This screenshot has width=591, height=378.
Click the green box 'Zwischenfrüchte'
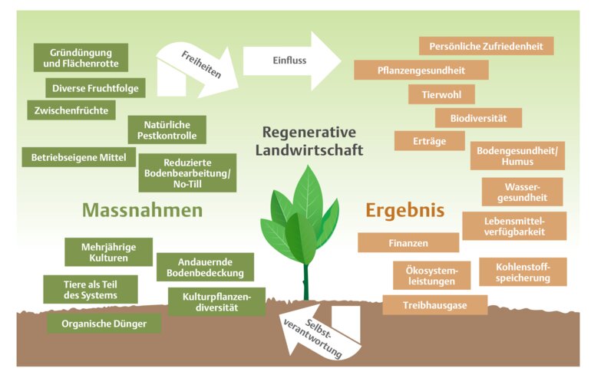click(71, 110)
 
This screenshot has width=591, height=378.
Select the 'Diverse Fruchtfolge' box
click(96, 88)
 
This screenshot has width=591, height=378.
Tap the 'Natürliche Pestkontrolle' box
click(167, 130)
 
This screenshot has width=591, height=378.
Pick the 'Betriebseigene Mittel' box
click(78, 158)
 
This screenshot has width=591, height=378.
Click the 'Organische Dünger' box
click(104, 324)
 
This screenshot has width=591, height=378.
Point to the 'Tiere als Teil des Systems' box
click(91, 290)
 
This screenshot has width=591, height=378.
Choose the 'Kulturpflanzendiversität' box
click(216, 302)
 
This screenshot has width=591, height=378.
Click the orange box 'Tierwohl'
click(441, 95)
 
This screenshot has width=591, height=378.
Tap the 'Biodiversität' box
click(479, 118)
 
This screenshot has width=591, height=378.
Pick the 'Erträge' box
click(429, 142)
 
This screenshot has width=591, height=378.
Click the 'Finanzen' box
click(408, 243)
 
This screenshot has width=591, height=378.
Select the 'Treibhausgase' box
click(434, 305)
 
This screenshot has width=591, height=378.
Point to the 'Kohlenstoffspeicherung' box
click(523, 272)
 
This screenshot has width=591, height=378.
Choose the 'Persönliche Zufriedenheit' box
click(486, 46)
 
